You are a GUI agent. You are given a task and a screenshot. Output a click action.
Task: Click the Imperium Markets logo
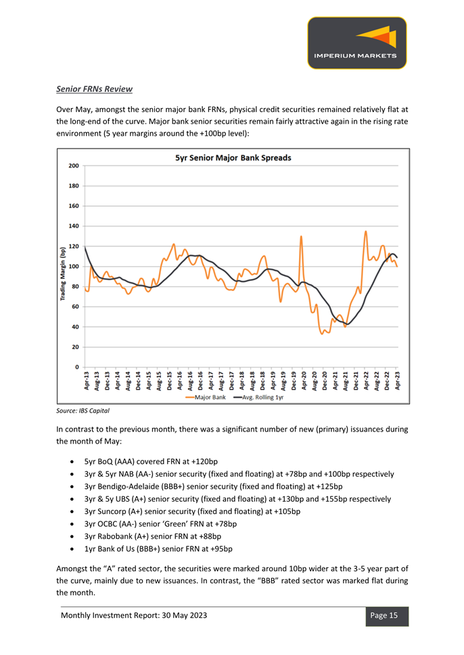click(357, 43)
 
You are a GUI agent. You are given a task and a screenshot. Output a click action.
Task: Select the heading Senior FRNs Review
click(94, 89)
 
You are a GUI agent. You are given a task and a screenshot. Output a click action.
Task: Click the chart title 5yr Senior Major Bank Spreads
click(233, 158)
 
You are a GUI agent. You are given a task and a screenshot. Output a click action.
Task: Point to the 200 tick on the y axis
click(74, 166)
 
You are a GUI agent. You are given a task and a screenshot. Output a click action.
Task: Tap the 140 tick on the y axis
click(74, 226)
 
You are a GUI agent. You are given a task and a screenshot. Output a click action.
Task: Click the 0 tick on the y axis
click(77, 367)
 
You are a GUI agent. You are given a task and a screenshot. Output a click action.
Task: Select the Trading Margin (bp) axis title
click(63, 274)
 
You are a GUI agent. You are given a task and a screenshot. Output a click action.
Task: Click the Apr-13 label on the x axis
click(87, 381)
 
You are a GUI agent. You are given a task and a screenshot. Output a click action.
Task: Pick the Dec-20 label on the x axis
click(325, 381)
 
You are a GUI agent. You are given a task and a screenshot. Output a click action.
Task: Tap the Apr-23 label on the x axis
click(397, 381)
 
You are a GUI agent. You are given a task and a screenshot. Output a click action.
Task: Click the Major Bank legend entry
click(206, 397)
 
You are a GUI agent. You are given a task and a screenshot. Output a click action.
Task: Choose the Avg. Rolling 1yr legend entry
click(258, 397)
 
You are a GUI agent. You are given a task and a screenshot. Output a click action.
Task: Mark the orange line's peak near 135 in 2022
click(366, 232)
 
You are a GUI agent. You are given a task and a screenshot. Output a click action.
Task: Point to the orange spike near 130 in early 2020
click(301, 236)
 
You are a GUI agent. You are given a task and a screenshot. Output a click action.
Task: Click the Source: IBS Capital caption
click(83, 411)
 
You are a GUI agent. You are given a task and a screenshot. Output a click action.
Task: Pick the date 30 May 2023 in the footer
click(185, 615)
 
